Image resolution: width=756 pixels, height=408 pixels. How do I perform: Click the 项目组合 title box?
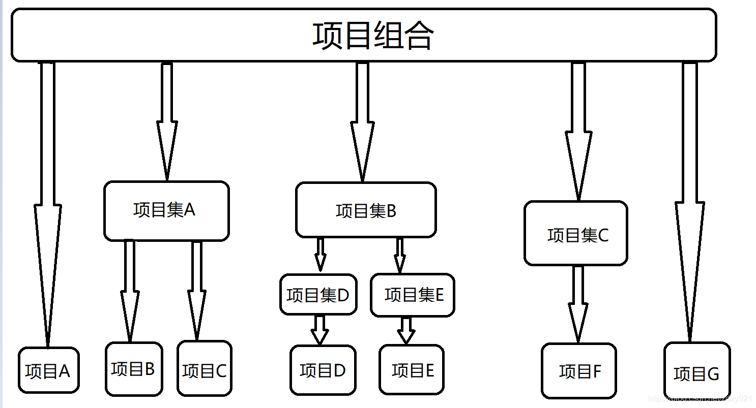pos(363,35)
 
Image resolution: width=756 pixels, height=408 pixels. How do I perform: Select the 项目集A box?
pos(166,210)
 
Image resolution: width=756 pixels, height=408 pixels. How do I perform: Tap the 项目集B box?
pos(366,210)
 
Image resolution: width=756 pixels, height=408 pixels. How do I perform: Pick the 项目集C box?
pos(576,233)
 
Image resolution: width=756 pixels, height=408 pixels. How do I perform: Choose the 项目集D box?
pos(318,295)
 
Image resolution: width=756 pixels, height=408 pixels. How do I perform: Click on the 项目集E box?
pos(413,295)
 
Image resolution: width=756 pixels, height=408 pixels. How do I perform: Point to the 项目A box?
pos(49,370)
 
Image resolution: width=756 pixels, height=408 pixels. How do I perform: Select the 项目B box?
pos(134,369)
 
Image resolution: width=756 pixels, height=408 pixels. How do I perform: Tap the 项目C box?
pos(205,369)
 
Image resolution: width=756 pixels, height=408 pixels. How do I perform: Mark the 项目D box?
pos(323,369)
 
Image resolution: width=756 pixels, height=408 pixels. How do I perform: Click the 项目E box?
pos(412,369)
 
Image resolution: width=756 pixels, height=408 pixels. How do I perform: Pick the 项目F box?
pos(579,371)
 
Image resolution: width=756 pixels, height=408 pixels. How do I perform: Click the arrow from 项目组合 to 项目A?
pos(47,203)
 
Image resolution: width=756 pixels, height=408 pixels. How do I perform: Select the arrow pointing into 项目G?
pos(690,203)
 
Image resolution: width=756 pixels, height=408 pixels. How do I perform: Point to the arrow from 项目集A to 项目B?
pos(130,290)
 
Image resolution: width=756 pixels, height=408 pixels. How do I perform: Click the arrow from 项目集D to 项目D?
pos(319,330)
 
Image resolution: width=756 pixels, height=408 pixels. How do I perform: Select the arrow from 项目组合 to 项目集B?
pos(362,122)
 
